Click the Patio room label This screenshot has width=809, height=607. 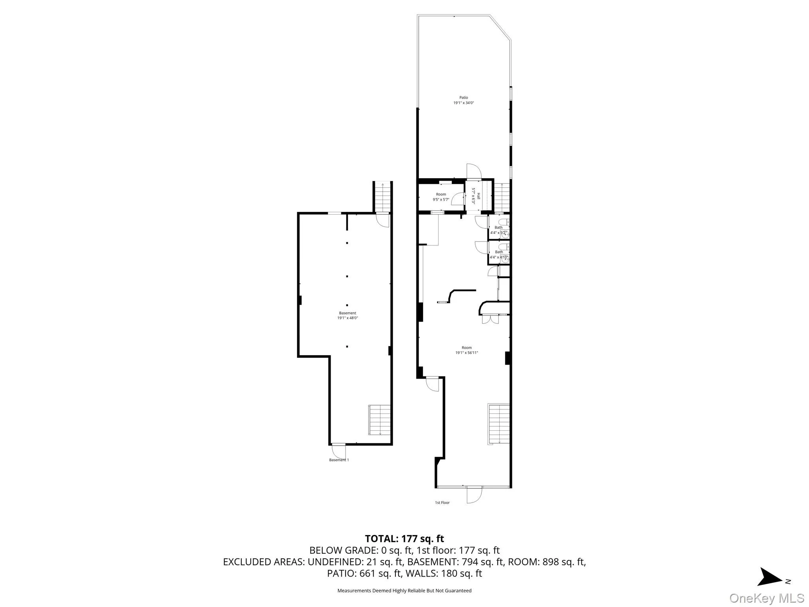[463, 100]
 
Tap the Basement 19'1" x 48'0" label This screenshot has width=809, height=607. [347, 315]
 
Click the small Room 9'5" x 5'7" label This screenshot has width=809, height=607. [441, 197]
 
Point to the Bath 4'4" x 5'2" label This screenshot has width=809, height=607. [499, 230]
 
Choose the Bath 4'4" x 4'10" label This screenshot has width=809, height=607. [499, 254]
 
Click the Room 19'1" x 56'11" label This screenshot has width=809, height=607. [467, 350]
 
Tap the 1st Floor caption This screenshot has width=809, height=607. [442, 503]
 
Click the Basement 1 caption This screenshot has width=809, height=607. [339, 460]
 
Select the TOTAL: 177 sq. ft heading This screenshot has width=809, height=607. [404, 539]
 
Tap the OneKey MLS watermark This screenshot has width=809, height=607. [766, 598]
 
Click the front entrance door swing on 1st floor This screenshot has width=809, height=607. [474, 495]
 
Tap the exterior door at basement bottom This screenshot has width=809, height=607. [339, 450]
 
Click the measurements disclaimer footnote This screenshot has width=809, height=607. [404, 591]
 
